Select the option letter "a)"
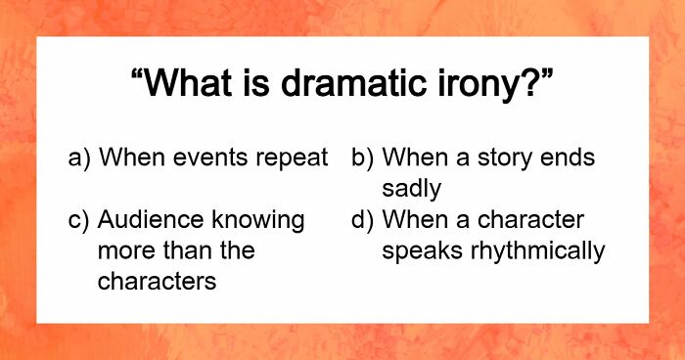81,157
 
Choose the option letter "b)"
363,157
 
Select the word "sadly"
411,188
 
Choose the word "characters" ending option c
156,282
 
